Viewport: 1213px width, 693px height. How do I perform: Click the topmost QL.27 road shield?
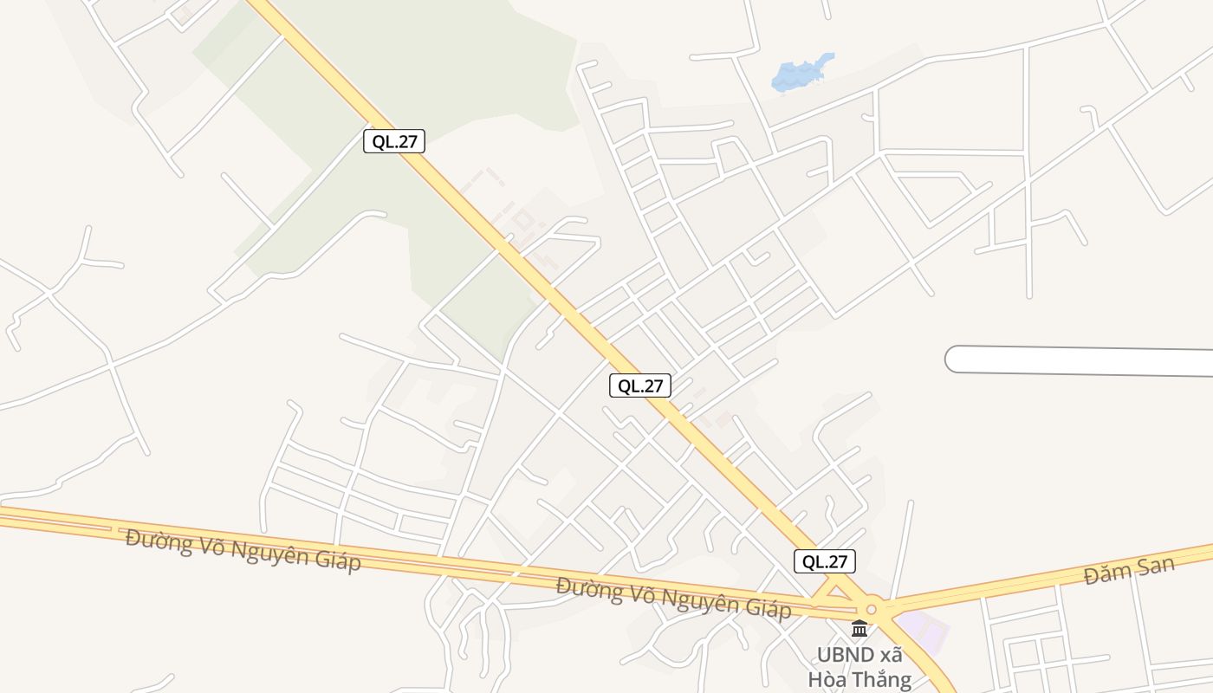(394, 141)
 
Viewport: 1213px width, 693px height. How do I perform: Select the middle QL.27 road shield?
(640, 385)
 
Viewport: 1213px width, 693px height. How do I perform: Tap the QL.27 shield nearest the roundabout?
(825, 561)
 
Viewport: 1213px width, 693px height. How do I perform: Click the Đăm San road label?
(1129, 571)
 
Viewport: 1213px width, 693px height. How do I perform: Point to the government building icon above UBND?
(859, 628)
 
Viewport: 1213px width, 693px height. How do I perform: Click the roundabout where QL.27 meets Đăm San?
(872, 609)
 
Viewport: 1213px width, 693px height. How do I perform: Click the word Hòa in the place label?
(826, 678)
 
